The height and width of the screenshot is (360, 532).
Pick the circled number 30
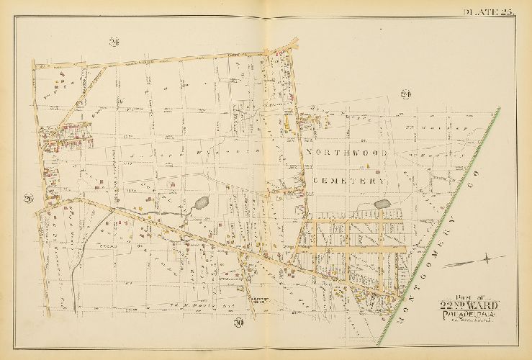point(238,323)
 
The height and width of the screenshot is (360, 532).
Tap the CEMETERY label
point(348,181)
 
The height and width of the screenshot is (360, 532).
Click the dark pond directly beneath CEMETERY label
point(381,204)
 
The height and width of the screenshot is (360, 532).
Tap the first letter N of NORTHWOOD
point(310,153)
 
